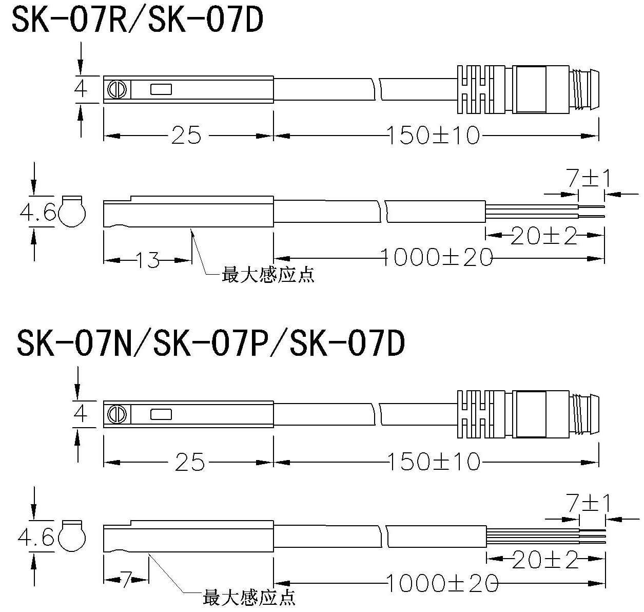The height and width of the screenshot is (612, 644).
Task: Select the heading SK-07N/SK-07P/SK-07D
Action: pos(211,343)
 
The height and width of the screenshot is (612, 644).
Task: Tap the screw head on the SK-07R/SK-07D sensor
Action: pos(117,90)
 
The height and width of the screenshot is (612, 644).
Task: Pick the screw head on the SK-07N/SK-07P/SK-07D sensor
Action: pos(117,414)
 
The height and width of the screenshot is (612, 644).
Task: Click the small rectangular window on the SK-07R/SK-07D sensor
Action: pos(161,90)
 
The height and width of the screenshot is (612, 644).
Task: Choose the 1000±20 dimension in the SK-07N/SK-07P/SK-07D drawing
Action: pos(441,583)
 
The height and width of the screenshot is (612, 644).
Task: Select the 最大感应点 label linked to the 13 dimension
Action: pos(267,275)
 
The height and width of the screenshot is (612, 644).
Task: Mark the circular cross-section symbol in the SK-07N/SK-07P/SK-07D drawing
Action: pos(72,537)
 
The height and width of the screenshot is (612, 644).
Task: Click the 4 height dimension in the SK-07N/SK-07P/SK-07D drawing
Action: pos(81,414)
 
